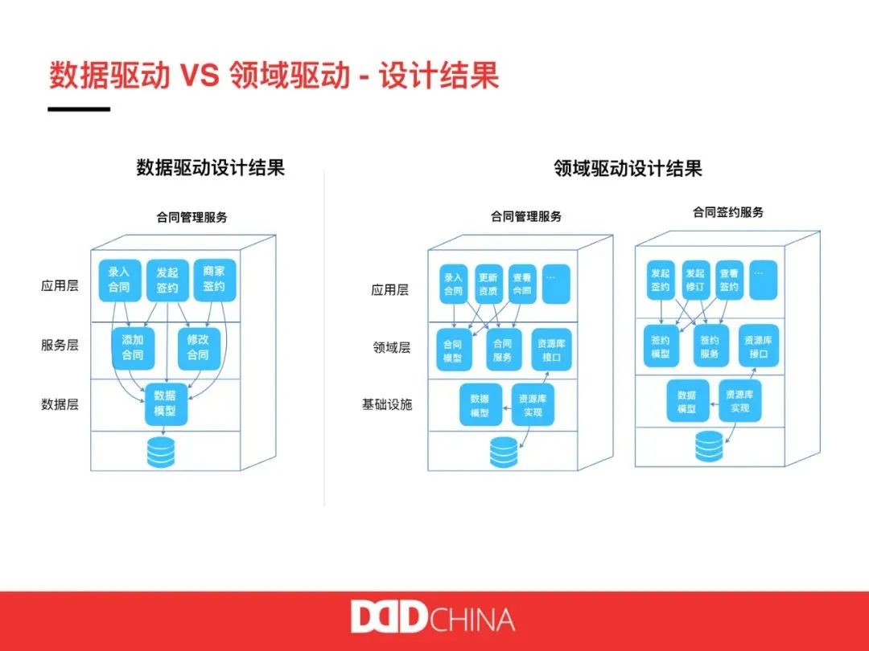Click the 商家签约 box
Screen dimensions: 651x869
(213, 280)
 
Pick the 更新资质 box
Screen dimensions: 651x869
(488, 284)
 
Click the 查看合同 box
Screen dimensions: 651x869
(522, 284)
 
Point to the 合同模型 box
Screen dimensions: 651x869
(453, 350)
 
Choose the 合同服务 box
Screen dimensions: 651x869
(502, 350)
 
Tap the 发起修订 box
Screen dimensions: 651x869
(695, 280)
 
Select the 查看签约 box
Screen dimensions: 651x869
(729, 280)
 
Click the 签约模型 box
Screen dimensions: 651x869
(660, 346)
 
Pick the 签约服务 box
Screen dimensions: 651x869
(710, 346)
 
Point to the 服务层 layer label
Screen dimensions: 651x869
(60, 346)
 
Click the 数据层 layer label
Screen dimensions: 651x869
(60, 404)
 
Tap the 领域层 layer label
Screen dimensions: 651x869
(392, 348)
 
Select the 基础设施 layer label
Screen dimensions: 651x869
(387, 404)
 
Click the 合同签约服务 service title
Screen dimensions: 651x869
(728, 213)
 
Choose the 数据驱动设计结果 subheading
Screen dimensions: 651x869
(211, 168)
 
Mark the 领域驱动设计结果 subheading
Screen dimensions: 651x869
(628, 168)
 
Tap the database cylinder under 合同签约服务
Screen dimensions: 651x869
(710, 448)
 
